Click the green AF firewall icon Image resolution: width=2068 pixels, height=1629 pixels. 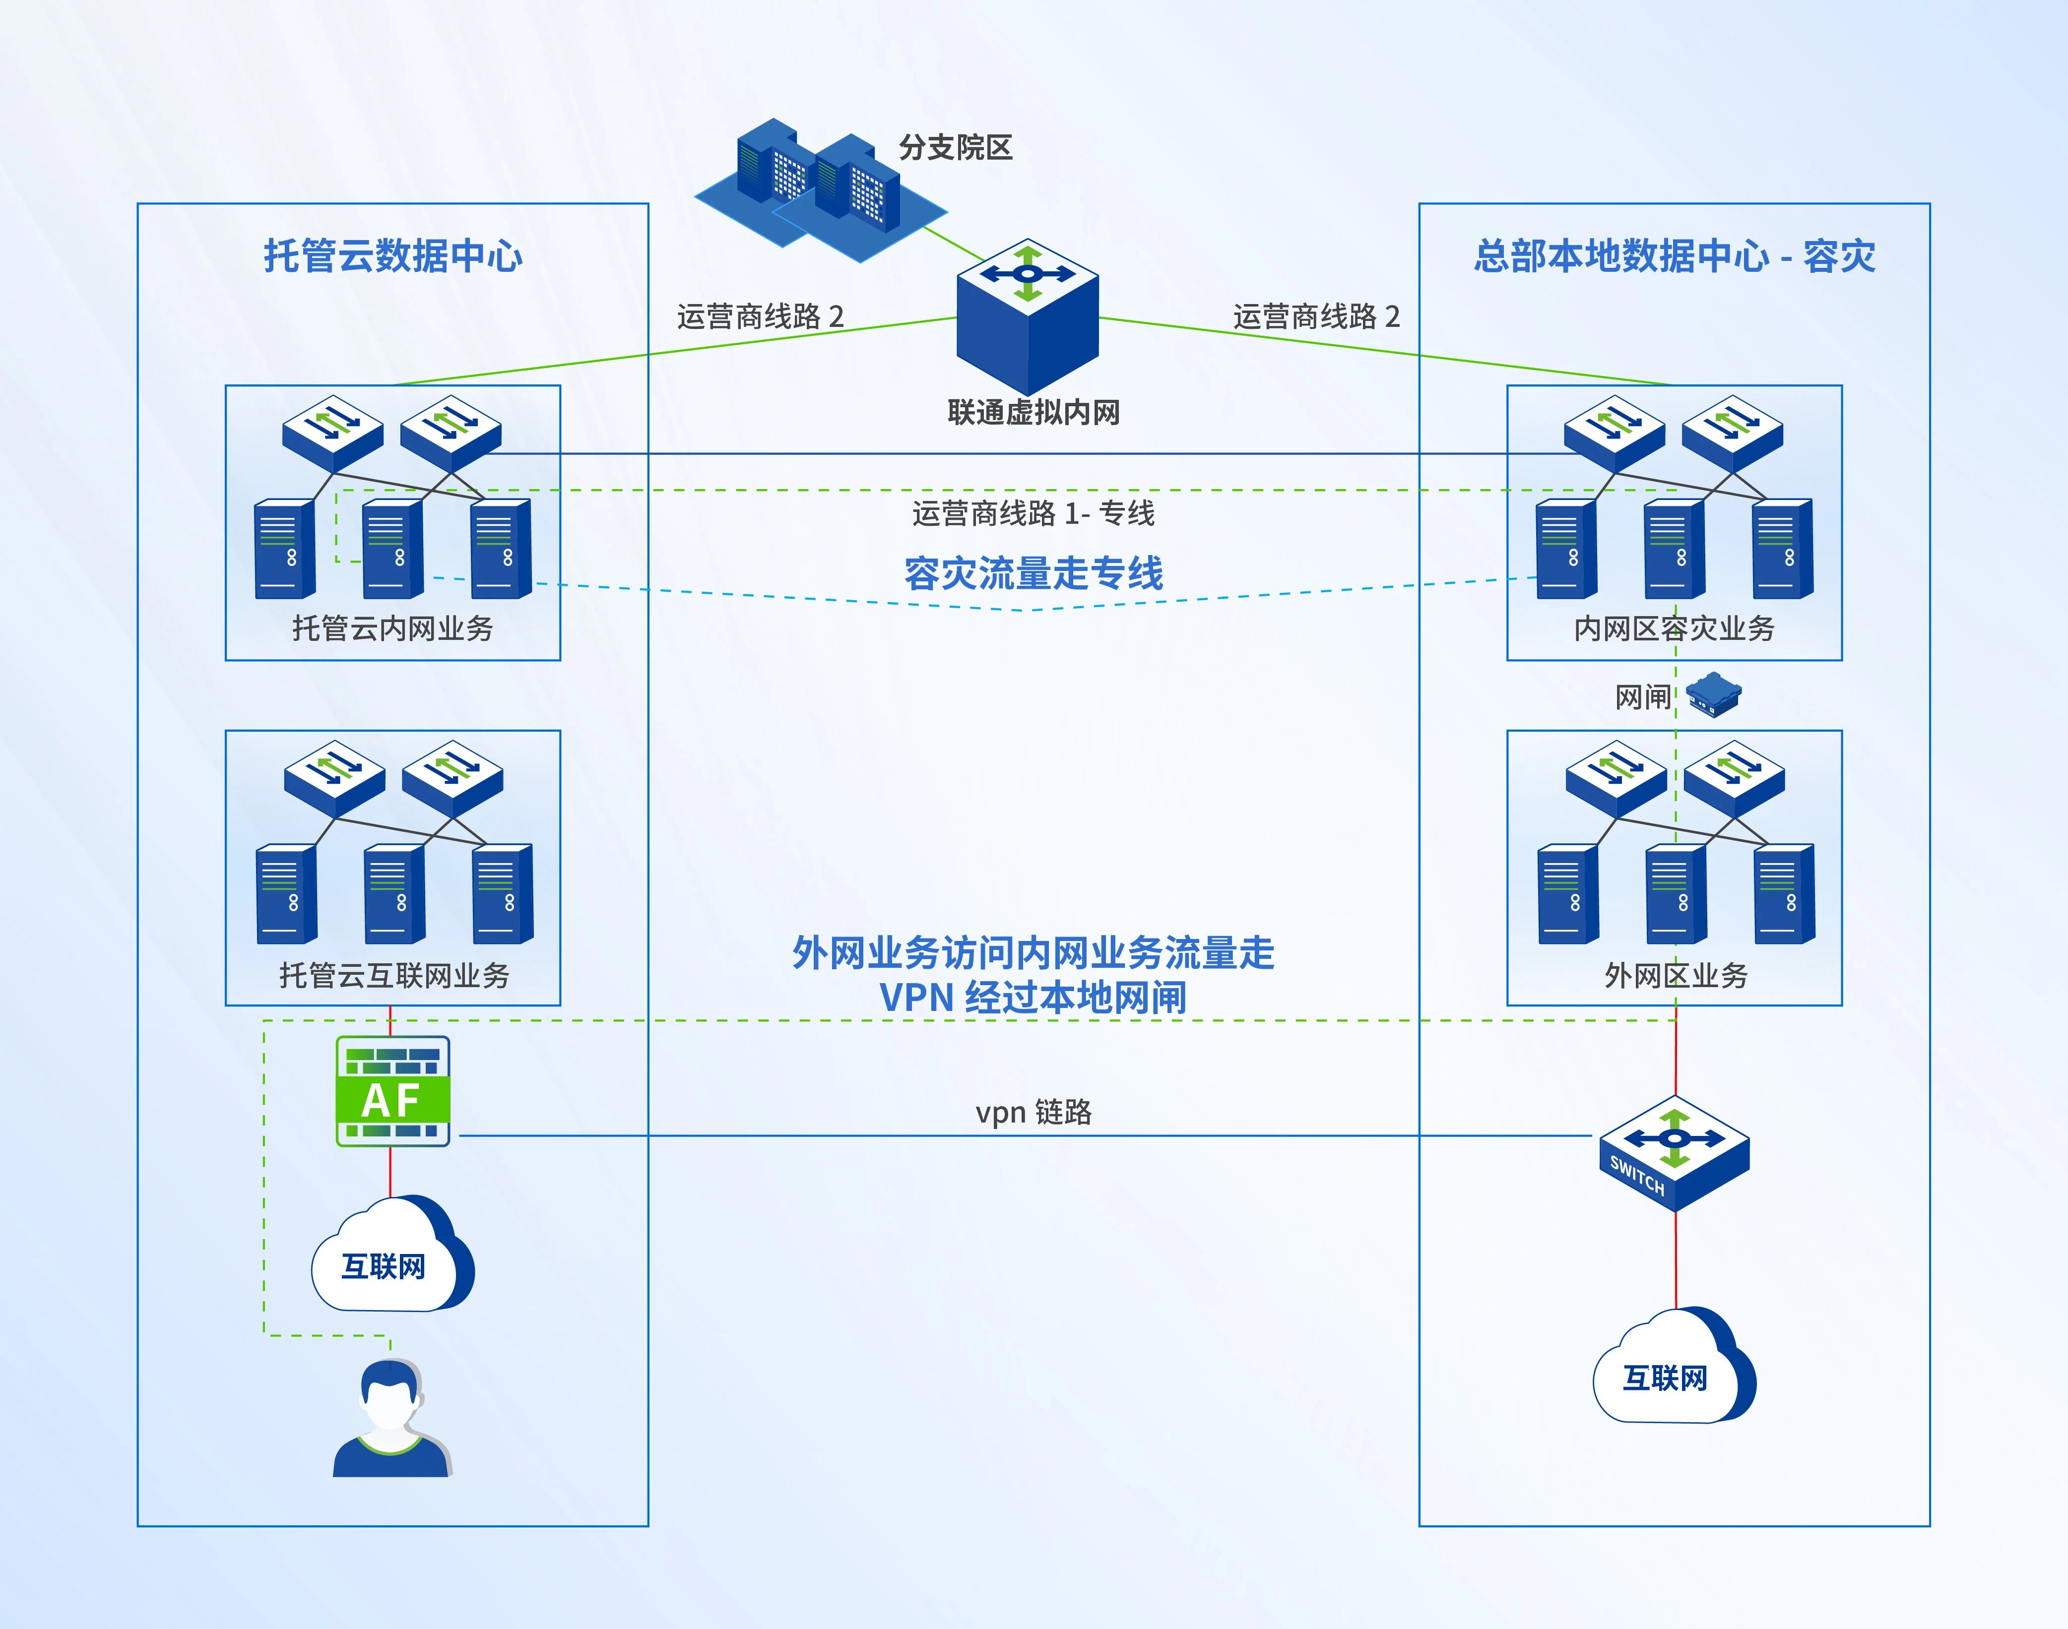click(x=392, y=1090)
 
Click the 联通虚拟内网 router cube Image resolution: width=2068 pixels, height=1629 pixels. click(x=1028, y=314)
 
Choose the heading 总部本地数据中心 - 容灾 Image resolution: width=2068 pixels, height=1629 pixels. click(x=1674, y=255)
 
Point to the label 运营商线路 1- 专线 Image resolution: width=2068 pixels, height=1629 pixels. click(x=1033, y=513)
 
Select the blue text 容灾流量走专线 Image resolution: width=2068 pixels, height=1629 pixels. click(x=1033, y=573)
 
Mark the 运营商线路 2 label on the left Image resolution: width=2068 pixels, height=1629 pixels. click(x=760, y=315)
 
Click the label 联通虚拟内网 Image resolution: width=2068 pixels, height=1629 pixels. click(x=1033, y=412)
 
